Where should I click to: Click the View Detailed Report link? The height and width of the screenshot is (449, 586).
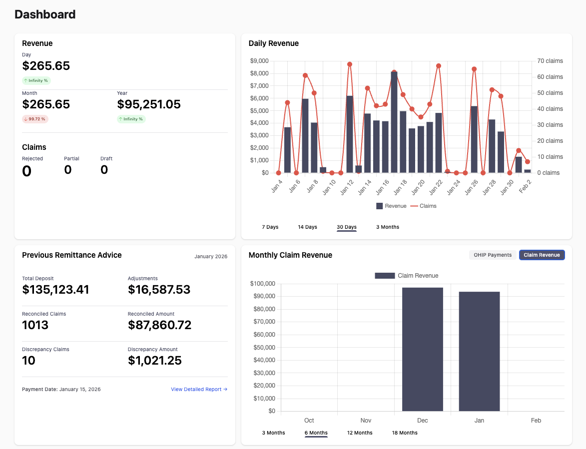tap(199, 389)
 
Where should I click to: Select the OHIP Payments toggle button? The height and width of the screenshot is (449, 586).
tap(493, 255)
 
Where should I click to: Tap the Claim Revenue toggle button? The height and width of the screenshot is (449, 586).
tap(542, 255)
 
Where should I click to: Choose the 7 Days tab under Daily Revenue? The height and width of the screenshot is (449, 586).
tap(270, 227)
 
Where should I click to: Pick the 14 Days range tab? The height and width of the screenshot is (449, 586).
tap(307, 227)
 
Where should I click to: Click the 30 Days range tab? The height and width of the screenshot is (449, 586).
tap(346, 227)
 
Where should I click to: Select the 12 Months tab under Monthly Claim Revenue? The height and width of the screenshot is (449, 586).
tap(360, 433)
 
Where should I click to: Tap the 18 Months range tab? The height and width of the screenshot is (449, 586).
tap(405, 433)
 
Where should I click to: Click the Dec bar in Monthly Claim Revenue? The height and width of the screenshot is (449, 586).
tap(422, 349)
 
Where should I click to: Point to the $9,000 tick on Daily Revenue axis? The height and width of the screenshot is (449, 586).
tap(259, 61)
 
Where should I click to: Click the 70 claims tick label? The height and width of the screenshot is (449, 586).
tap(550, 61)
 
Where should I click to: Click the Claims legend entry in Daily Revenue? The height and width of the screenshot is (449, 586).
tap(423, 206)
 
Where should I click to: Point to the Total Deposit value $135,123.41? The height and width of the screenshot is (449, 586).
tap(55, 290)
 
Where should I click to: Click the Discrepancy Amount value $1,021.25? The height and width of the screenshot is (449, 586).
tap(154, 361)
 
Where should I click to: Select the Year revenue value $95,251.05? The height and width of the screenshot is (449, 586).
tap(148, 104)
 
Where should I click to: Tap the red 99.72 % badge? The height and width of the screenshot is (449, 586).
tap(35, 119)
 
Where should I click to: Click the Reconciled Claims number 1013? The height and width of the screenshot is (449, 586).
tap(35, 325)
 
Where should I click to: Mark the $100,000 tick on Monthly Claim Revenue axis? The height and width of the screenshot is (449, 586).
tap(262, 284)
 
